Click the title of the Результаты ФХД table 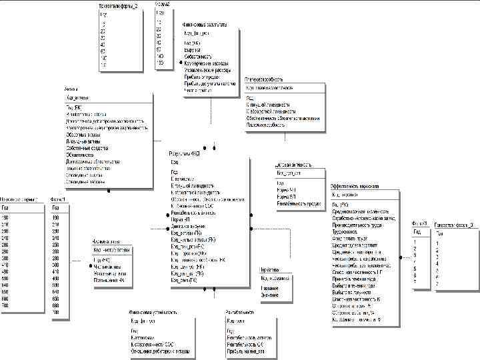point(185,153)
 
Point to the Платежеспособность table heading point(267,78)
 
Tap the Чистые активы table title point(106,242)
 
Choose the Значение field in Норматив point(269,294)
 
